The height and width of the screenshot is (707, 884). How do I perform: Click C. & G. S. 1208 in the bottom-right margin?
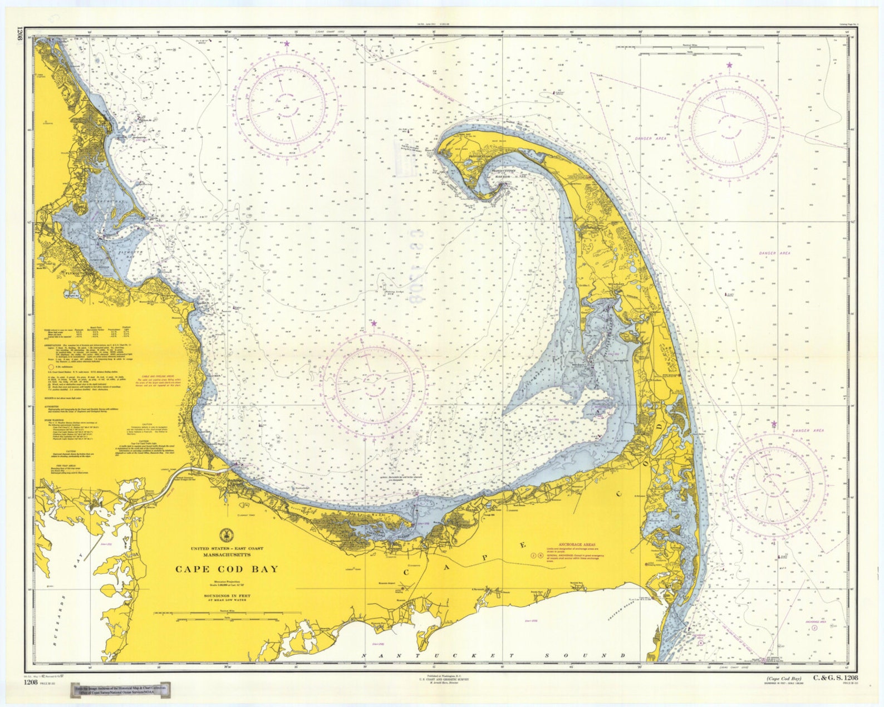835,677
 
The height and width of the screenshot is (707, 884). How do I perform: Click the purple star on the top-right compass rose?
729,66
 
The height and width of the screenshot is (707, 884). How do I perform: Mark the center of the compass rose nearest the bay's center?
374,385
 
